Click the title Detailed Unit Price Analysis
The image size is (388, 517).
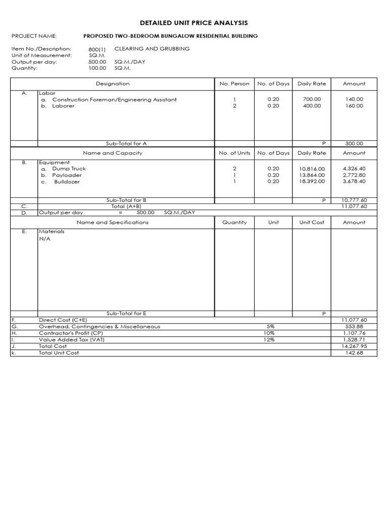pos(194,23)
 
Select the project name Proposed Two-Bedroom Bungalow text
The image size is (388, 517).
pos(170,36)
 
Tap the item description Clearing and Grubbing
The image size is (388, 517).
pos(152,48)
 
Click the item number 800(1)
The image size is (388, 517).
pos(97,49)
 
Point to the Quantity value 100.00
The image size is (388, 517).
pos(97,68)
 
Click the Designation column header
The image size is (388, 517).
pos(113,83)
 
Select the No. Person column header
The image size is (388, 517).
pos(234,83)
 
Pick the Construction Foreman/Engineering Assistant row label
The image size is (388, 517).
pos(114,99)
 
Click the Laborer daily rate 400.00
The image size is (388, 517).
pos(312,106)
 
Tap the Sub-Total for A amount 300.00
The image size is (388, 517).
pos(354,143)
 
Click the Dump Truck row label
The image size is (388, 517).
pos(69,169)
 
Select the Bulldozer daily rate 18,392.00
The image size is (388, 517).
pos(312,181)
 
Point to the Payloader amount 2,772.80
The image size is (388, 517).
pos(354,175)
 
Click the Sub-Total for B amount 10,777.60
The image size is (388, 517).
pos(354,200)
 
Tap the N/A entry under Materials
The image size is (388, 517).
pos(44,239)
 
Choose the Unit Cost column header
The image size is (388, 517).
pos(312,222)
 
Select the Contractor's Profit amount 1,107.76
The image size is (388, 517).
pos(354,333)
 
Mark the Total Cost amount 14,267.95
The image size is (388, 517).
pos(354,346)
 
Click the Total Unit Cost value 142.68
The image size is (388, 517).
pos(354,353)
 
